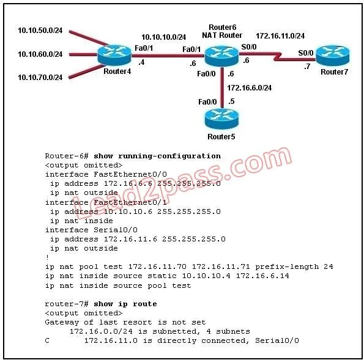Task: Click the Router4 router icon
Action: pyautogui.click(x=114, y=55)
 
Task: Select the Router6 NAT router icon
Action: pyautogui.click(x=221, y=56)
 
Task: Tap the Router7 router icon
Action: pyautogui.click(x=333, y=56)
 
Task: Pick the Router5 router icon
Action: pyautogui.click(x=221, y=119)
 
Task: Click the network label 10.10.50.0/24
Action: pyautogui.click(x=40, y=31)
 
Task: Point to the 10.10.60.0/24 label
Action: pyautogui.click(x=40, y=54)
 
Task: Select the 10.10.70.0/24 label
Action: pyautogui.click(x=40, y=78)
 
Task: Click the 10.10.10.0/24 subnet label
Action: pyautogui.click(x=164, y=37)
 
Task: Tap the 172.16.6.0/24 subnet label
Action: pyautogui.click(x=250, y=88)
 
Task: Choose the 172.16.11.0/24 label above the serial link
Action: pyautogui.click(x=280, y=36)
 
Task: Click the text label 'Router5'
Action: pyautogui.click(x=221, y=137)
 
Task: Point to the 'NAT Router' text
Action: pyautogui.click(x=222, y=35)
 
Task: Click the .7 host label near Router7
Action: pyautogui.click(x=307, y=67)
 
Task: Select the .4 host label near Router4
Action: pyautogui.click(x=141, y=62)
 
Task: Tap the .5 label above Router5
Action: pyautogui.click(x=231, y=101)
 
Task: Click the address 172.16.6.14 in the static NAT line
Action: pyautogui.click(x=262, y=276)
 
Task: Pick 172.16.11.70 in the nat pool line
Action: pyautogui.click(x=157, y=266)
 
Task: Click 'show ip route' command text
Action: pyautogui.click(x=125, y=304)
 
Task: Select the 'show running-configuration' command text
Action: pyautogui.click(x=157, y=156)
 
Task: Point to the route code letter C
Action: pyautogui.click(x=47, y=340)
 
